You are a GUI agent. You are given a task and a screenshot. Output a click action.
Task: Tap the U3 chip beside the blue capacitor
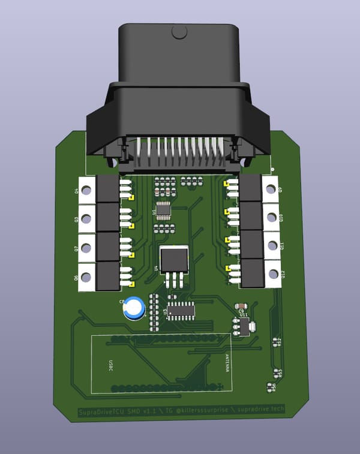pos(180,310)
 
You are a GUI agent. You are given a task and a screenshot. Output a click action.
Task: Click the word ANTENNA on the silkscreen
pos(227,363)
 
